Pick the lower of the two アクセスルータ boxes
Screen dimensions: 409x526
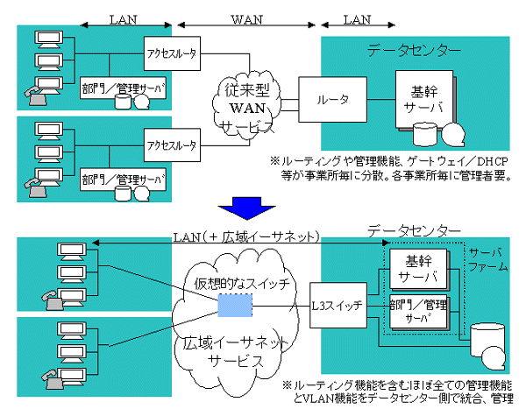[172, 144]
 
